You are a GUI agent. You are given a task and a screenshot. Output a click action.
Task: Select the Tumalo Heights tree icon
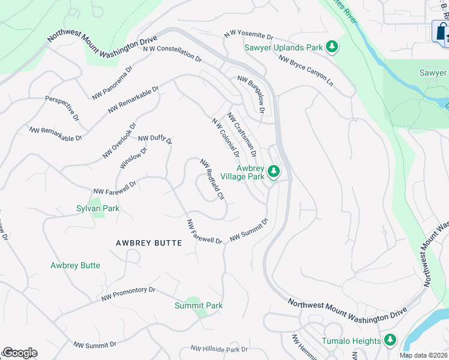(x=391, y=341)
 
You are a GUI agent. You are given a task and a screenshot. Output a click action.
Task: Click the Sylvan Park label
(x=98, y=208)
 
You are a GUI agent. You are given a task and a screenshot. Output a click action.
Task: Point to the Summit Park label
(x=199, y=305)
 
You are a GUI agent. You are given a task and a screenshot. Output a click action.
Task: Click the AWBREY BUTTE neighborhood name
(x=148, y=242)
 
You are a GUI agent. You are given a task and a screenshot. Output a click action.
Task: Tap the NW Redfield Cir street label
(x=212, y=179)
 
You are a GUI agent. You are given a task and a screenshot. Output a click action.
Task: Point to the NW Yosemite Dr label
(x=248, y=34)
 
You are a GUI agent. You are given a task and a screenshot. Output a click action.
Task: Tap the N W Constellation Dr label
(x=172, y=53)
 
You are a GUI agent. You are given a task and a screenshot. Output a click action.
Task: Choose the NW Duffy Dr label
(x=155, y=140)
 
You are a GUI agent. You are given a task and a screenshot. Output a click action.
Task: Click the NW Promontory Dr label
(x=128, y=293)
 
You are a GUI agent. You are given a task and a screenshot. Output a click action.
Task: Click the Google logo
(x=20, y=353)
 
